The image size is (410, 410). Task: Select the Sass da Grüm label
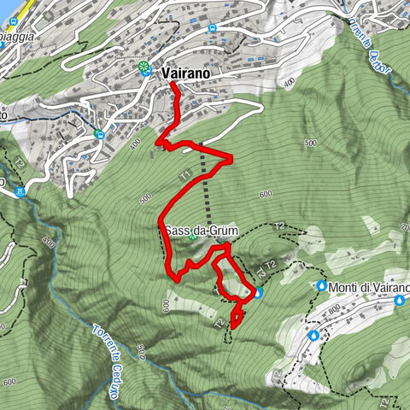click(196, 231)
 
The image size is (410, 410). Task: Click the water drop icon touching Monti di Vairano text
click(322, 286)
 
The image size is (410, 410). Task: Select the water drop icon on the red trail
click(258, 294)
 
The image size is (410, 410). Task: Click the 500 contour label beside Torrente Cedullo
click(143, 348)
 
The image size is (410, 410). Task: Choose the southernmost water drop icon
click(314, 336)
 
